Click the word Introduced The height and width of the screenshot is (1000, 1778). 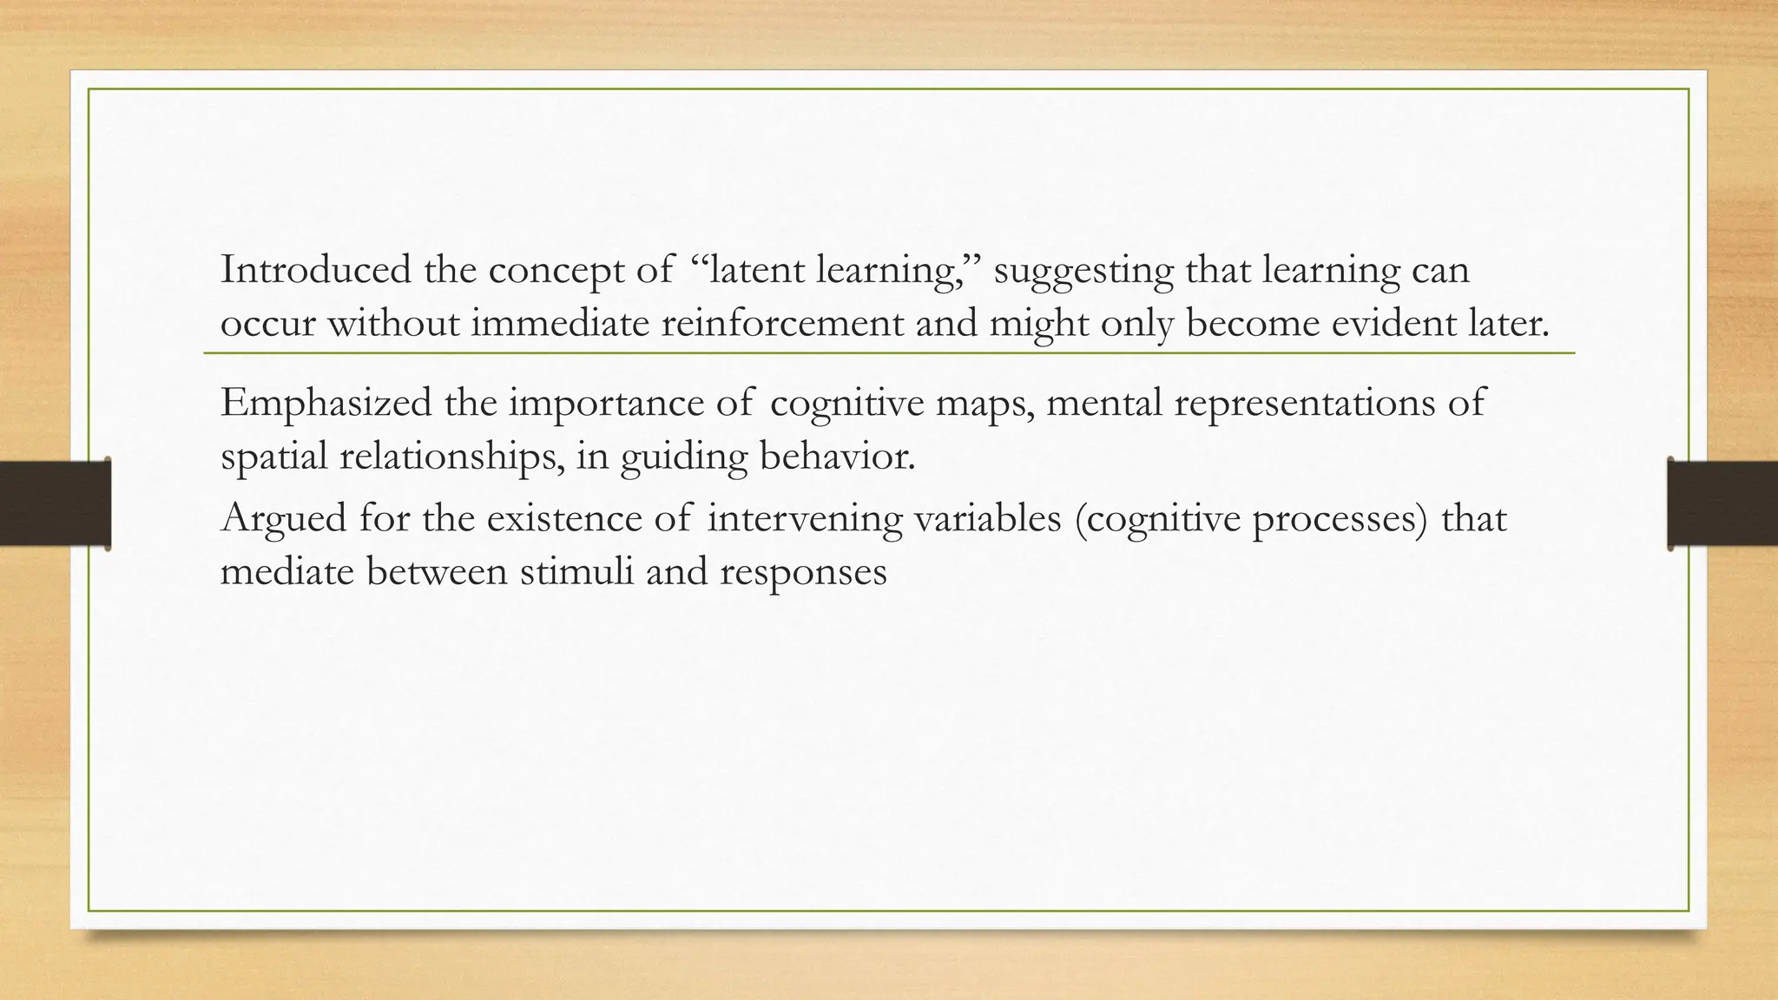coord(315,270)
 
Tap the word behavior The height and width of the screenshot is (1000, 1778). coord(837,456)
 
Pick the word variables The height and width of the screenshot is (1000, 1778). coord(987,518)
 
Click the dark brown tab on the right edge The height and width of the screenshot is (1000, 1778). coord(1722,503)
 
